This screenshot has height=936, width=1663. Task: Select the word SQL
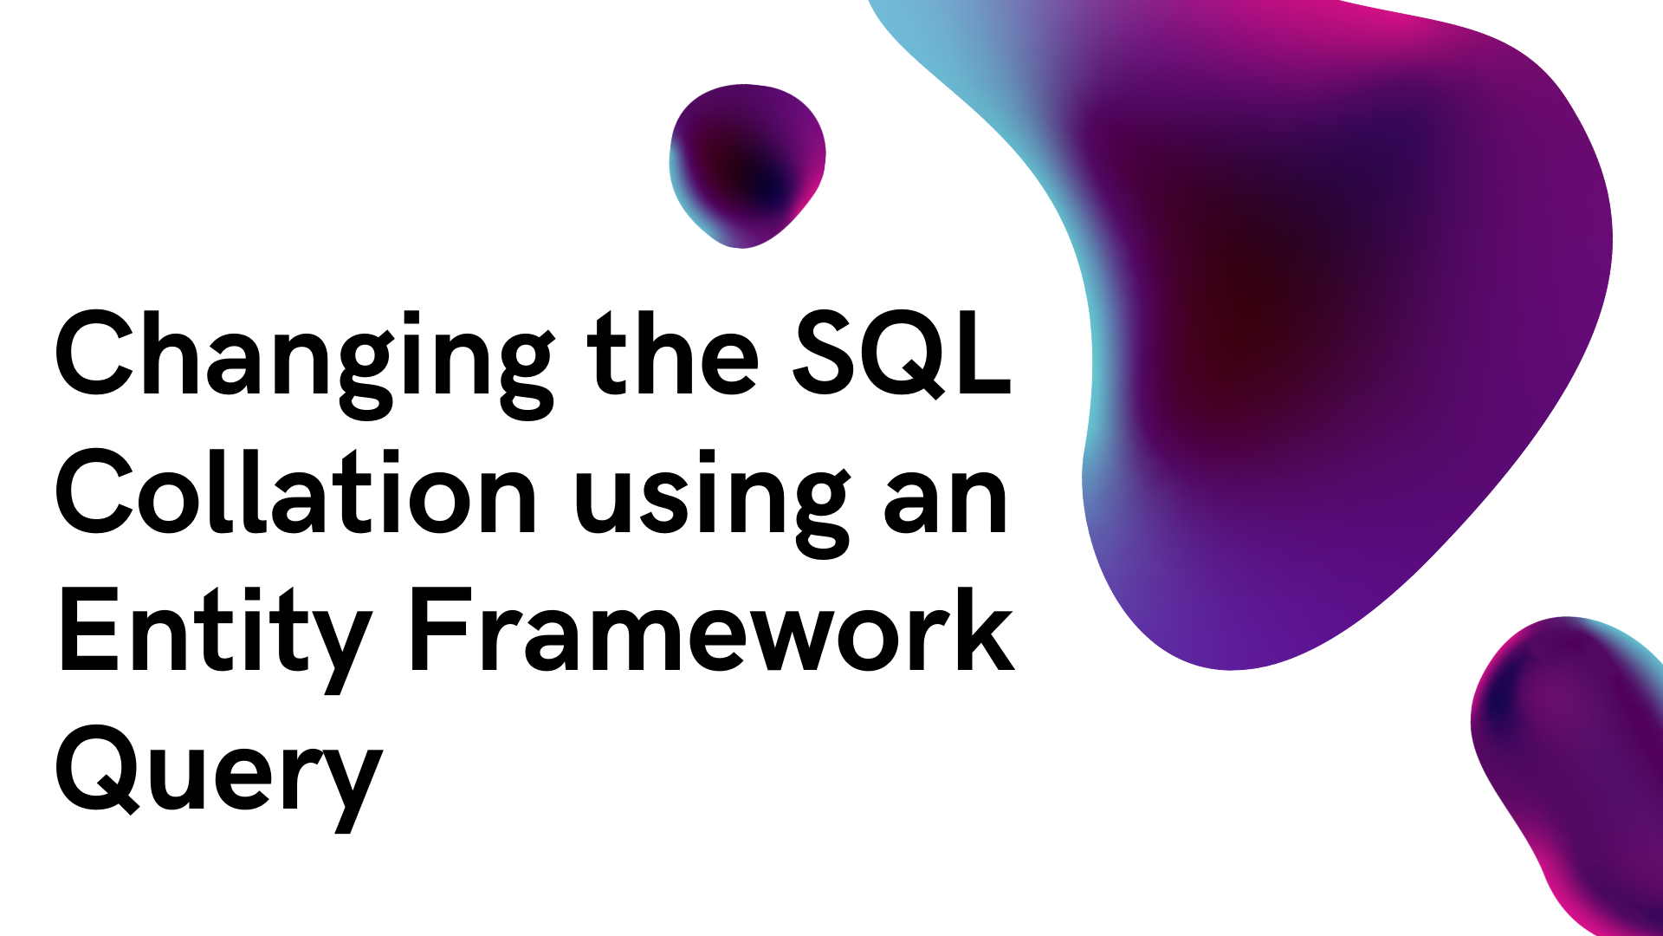pyautogui.click(x=902, y=354)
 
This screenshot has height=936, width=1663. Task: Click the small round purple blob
pyautogui.click(x=747, y=165)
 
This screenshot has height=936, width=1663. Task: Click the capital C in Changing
pyautogui.click(x=95, y=354)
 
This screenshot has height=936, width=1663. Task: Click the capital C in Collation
pyautogui.click(x=95, y=491)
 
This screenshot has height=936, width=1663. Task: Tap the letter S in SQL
pyautogui.click(x=823, y=354)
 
